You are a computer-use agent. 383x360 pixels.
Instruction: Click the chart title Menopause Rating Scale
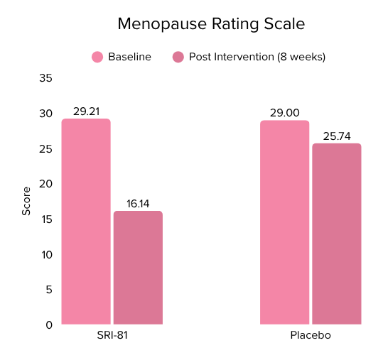[x=210, y=24]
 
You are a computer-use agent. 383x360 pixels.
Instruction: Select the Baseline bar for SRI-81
[x=86, y=222]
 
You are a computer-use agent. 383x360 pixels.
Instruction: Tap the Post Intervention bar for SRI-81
[x=138, y=268]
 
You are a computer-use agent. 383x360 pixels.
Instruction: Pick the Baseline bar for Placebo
[x=284, y=222]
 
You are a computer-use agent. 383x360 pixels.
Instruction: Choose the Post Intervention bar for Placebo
[x=337, y=234]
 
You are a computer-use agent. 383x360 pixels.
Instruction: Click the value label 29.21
[x=86, y=111]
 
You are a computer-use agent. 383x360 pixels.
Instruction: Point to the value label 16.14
[x=138, y=204]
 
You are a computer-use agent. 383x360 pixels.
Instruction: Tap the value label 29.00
[x=284, y=113]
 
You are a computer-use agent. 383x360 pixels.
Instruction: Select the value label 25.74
[x=337, y=136]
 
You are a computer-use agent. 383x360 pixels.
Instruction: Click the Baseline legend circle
[x=97, y=57]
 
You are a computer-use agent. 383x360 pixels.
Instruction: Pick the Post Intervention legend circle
[x=178, y=57]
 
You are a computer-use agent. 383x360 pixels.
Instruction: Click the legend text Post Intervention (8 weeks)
[x=257, y=57]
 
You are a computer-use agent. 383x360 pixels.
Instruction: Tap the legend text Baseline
[x=129, y=57]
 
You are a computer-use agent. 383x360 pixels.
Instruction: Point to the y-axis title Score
[x=26, y=201]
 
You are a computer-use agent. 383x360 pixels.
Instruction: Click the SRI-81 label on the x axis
[x=112, y=335]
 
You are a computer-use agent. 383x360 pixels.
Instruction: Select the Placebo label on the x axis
[x=311, y=335]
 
